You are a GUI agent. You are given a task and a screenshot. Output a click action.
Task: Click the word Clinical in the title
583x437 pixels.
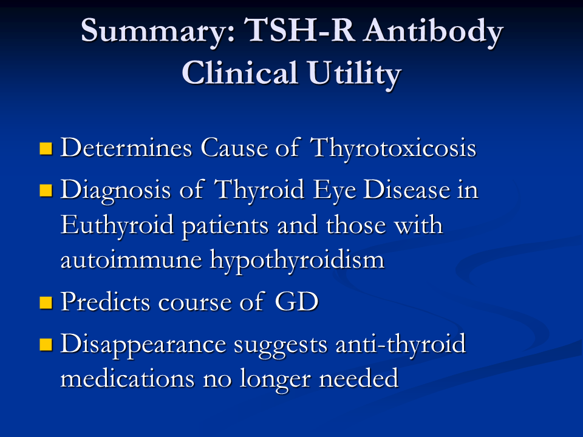(x=239, y=72)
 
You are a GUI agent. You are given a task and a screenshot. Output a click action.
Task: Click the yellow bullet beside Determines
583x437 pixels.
(x=46, y=148)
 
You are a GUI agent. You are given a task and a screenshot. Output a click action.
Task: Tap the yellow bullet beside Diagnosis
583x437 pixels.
(x=46, y=190)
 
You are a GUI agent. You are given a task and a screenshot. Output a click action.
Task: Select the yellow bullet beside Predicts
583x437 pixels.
(x=46, y=302)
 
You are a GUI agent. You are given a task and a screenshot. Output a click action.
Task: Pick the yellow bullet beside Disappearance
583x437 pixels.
(x=46, y=344)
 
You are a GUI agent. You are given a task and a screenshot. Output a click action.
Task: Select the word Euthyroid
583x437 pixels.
(x=117, y=226)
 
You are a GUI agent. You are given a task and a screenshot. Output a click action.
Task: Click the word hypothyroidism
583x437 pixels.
(x=297, y=260)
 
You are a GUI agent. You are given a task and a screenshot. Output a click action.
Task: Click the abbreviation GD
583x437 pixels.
(x=296, y=302)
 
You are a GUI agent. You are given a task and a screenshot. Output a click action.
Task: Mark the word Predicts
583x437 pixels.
(x=105, y=302)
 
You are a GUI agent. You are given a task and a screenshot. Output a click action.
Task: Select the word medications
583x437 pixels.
(x=128, y=379)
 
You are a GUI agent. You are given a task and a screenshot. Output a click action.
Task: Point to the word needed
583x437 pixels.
(x=359, y=379)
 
